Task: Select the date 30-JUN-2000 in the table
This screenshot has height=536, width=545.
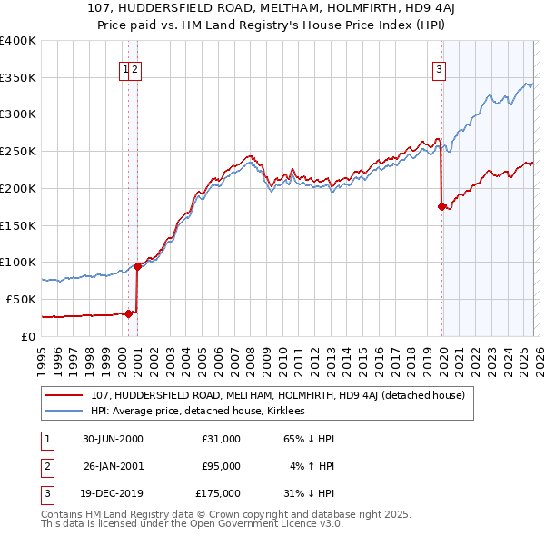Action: (113, 438)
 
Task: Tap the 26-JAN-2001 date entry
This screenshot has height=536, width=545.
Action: (113, 465)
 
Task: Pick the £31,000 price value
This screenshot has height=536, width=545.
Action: (221, 438)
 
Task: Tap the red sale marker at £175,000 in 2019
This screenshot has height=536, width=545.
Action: (441, 206)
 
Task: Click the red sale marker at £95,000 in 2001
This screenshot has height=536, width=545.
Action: (137, 266)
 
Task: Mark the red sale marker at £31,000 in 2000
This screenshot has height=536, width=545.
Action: (128, 313)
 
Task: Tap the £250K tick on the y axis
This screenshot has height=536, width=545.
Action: (18, 152)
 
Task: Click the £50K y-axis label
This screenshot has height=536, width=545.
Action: (21, 299)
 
